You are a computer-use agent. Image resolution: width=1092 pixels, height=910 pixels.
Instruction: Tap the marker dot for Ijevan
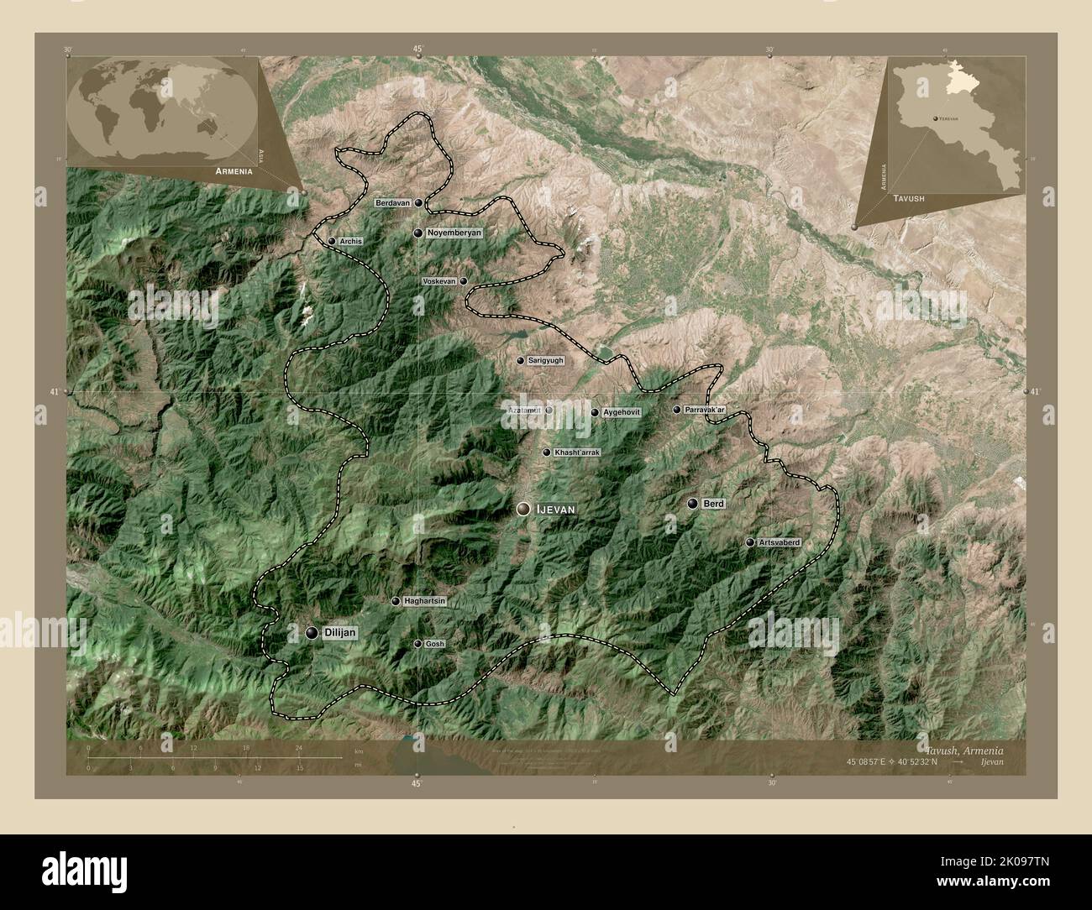pos(524,509)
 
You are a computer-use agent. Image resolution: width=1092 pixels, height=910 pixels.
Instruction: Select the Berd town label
pos(713,504)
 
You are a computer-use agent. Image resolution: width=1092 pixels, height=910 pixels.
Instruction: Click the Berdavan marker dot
pos(418,203)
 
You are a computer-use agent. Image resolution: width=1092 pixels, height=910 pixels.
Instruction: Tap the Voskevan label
pos(439,281)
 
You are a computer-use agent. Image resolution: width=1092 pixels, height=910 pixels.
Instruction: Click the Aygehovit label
pos(622,412)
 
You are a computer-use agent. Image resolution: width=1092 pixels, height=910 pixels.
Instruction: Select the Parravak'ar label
pos(706,410)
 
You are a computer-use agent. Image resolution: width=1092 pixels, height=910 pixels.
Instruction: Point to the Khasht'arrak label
pos(577,452)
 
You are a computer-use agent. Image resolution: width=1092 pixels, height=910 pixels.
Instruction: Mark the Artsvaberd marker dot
pos(749,543)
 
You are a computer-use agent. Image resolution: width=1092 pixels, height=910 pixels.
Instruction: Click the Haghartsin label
pos(424,601)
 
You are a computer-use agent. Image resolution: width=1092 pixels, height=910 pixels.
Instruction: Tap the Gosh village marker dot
pos(417,644)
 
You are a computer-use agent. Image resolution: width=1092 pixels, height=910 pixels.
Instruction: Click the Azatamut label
pos(525,411)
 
